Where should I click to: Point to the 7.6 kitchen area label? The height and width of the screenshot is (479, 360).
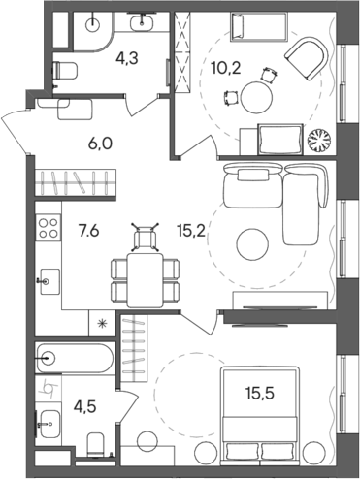point(84,230)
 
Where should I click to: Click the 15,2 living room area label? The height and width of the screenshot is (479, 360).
point(185,230)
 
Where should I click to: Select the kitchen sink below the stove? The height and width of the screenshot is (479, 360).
point(47,281)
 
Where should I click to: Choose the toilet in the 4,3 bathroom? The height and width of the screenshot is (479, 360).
point(67,69)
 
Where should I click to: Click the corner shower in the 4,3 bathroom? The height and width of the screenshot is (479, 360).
point(87,31)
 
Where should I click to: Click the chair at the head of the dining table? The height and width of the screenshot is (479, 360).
point(147,236)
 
